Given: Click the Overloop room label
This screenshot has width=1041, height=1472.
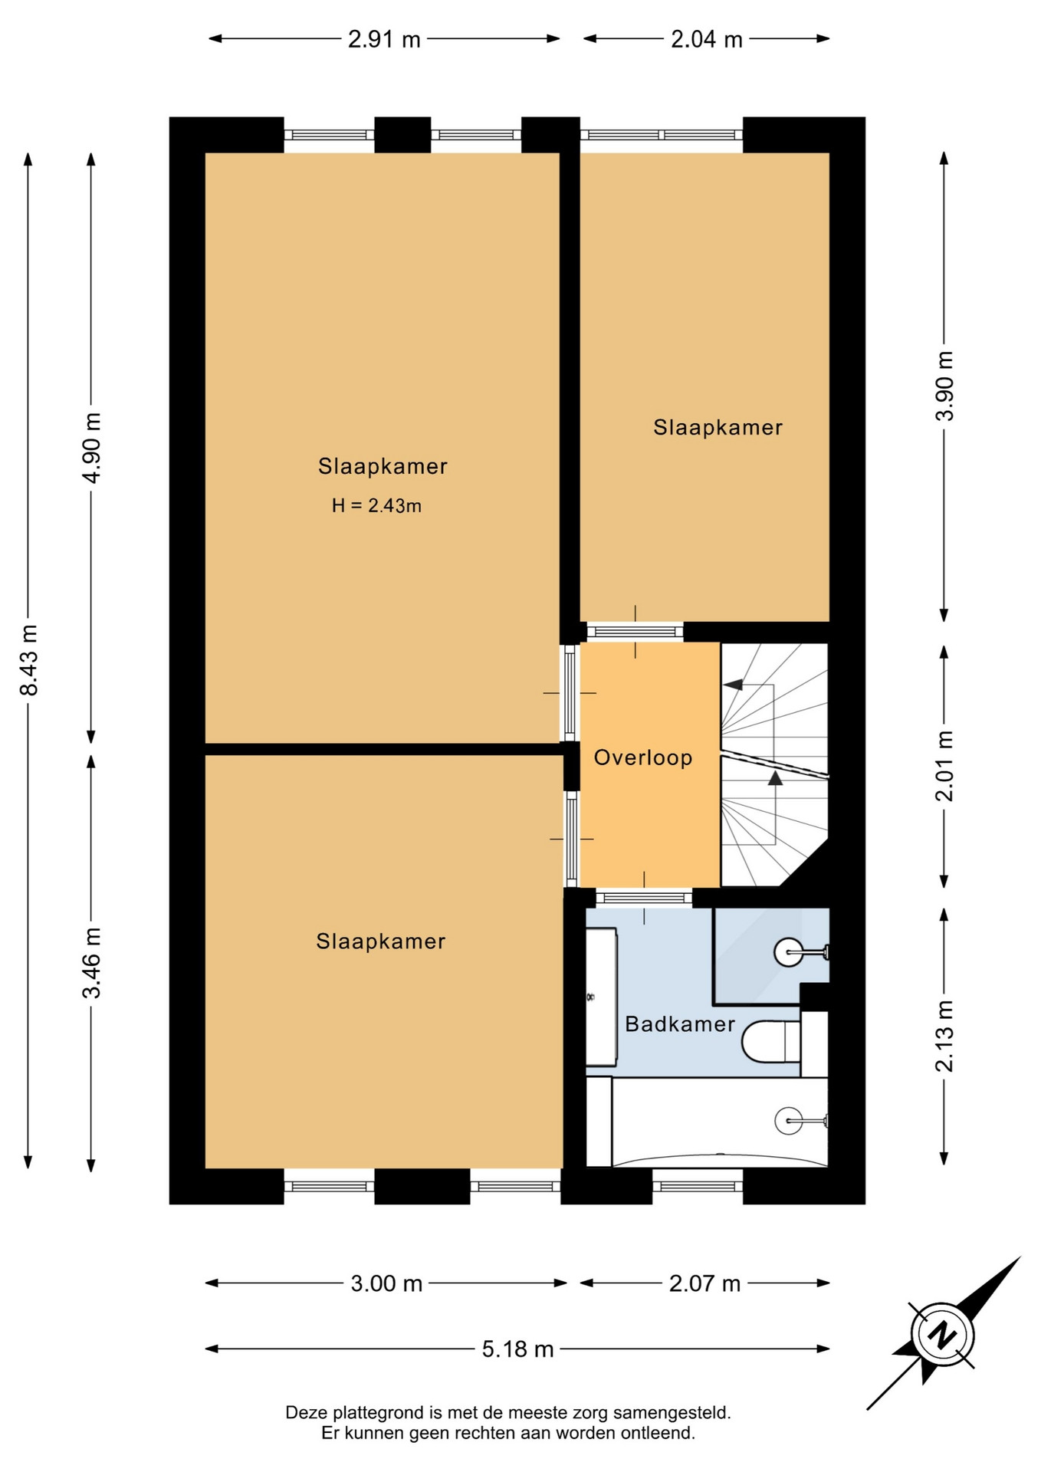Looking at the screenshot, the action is point(643,757).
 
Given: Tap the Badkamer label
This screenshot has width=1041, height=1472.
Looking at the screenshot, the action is point(680,1024).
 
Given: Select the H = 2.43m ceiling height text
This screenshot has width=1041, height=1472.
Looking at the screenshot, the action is point(376,505).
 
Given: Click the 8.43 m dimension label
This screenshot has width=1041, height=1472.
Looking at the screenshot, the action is point(28,659).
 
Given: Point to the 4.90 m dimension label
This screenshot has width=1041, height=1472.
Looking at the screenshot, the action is point(91,448).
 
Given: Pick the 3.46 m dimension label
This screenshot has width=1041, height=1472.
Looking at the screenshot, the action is point(91,963).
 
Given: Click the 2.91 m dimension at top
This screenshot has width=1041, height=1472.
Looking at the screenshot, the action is point(384,39).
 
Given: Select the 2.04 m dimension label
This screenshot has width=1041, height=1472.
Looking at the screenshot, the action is point(707,39).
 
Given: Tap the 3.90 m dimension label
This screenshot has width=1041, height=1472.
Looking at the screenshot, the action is point(944,386).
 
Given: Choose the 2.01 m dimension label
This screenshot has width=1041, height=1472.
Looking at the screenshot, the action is point(944,766).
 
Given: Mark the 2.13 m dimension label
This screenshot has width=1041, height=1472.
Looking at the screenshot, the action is point(944,1036).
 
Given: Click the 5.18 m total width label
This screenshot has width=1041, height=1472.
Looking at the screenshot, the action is point(517,1349).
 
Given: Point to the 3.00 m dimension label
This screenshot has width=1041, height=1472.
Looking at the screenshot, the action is point(386,1283).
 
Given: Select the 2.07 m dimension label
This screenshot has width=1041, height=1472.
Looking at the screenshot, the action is point(704,1283).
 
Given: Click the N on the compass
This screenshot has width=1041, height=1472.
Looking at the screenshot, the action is point(942,1335).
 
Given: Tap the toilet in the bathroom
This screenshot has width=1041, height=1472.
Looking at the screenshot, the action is point(771,1041).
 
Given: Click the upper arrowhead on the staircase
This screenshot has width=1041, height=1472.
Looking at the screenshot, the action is point(734,684).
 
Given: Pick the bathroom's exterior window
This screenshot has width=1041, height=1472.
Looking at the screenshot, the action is point(698,1186).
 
